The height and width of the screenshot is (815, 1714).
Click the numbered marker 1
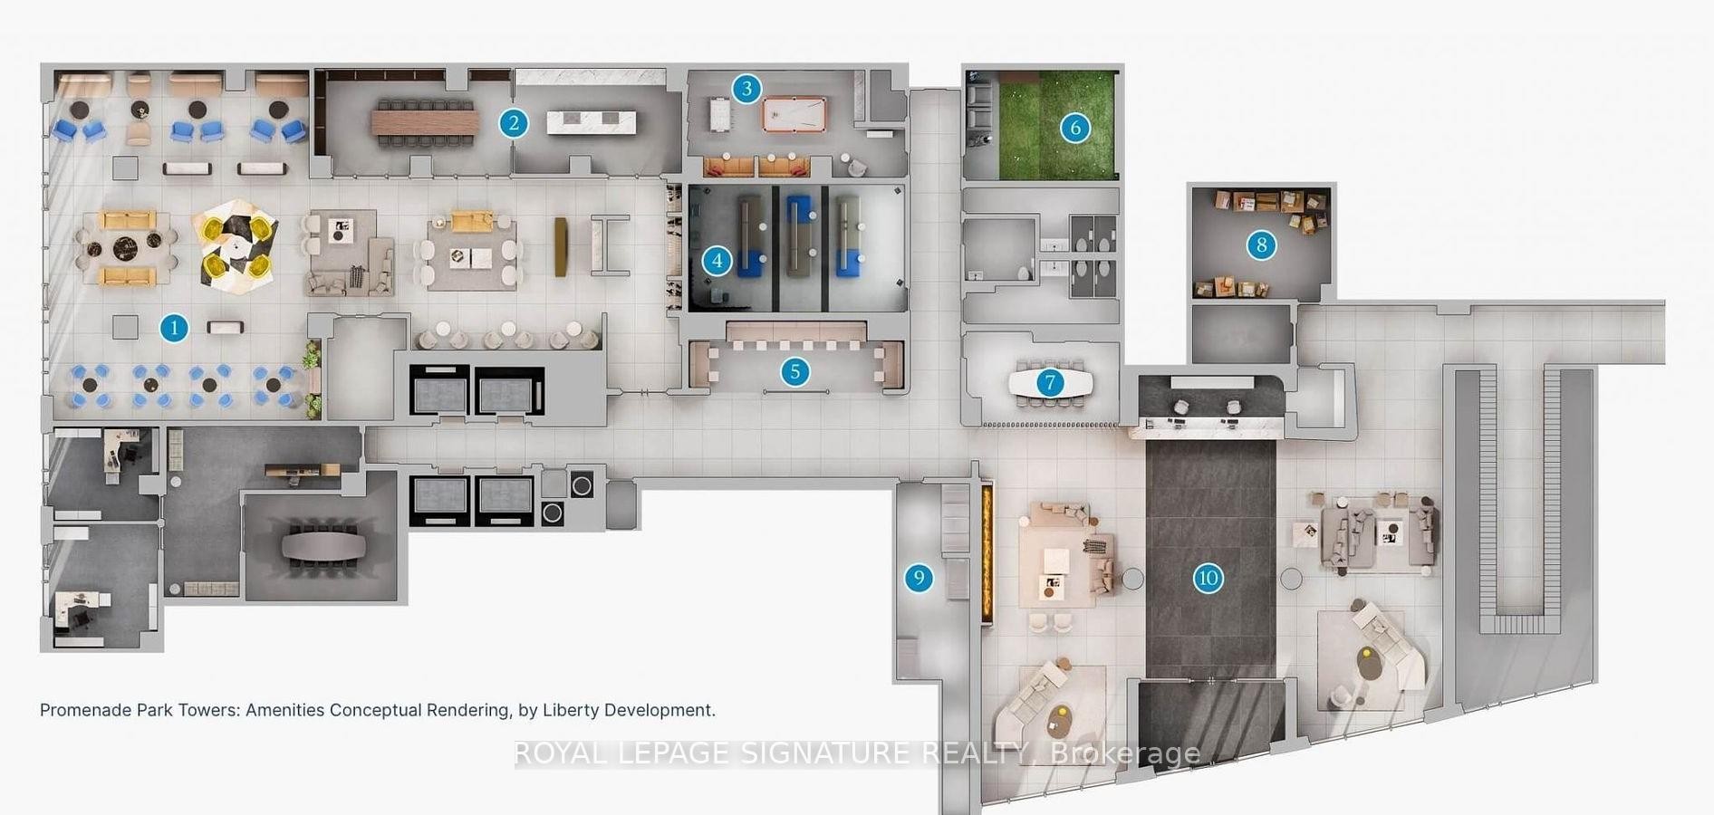point(174,328)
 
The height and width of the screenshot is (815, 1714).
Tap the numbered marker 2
point(514,123)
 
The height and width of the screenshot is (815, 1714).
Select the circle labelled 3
point(746,89)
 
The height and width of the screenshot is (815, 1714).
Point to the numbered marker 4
point(717,262)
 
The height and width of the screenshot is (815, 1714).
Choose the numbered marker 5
point(795,371)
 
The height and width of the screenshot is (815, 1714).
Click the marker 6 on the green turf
point(1075,128)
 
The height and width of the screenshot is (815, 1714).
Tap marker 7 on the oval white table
point(1050,383)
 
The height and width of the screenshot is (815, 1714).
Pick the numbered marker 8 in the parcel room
point(1261,244)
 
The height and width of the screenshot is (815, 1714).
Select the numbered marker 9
point(919,578)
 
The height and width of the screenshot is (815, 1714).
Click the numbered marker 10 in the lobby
point(1208,578)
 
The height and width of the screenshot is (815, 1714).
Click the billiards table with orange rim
point(793,116)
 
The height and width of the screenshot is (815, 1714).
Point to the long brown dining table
point(425,121)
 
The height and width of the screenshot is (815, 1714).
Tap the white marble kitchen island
point(591,122)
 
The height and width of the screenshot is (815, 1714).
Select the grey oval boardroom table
point(323,546)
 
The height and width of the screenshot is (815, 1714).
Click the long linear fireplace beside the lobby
point(987,554)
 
